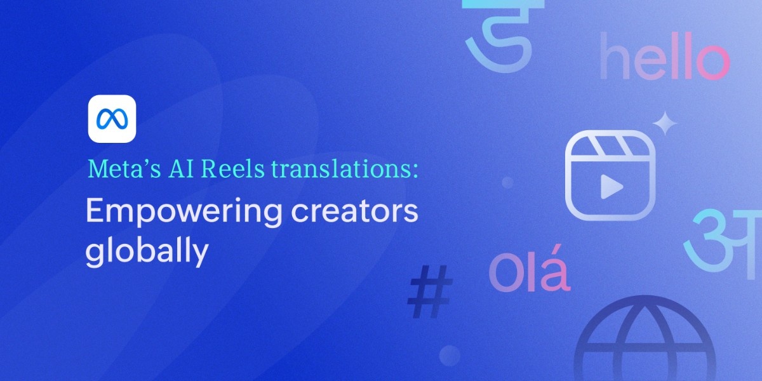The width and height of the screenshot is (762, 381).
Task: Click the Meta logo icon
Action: (x=112, y=119)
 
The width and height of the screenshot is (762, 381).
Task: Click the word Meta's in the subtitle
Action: (x=124, y=169)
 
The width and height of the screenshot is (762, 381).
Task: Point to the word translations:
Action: (x=345, y=169)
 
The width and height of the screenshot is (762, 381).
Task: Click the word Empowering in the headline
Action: (x=184, y=212)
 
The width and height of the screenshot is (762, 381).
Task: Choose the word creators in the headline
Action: (x=354, y=211)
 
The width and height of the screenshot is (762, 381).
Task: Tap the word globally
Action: (x=147, y=250)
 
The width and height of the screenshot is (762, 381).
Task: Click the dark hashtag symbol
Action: (x=431, y=292)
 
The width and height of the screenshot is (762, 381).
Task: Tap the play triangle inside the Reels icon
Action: (x=612, y=187)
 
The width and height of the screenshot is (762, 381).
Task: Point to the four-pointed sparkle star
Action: (x=665, y=123)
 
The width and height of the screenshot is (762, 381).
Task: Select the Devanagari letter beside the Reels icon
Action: (x=723, y=240)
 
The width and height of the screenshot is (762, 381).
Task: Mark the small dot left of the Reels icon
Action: (x=508, y=182)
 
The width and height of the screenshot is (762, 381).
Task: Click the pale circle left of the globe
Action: (x=450, y=356)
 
